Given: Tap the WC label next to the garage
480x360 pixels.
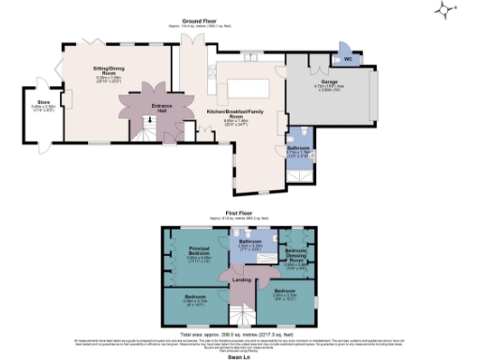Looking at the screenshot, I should [350, 57].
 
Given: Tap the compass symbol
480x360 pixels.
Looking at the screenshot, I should [445, 10].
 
